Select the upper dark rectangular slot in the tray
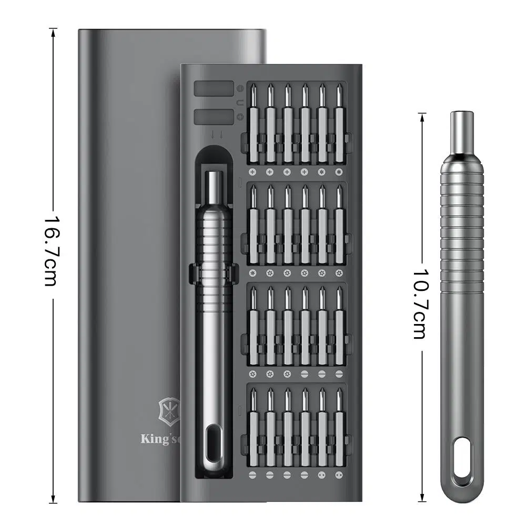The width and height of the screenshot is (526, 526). (214, 89)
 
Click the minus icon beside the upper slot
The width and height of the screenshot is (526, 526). (240, 89)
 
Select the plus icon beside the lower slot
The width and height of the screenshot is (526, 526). (240, 117)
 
